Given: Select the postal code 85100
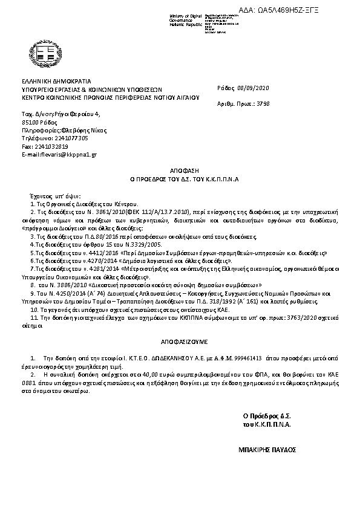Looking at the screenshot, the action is (x=31, y=122).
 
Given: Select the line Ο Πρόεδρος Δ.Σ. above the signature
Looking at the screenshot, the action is (x=267, y=416).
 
